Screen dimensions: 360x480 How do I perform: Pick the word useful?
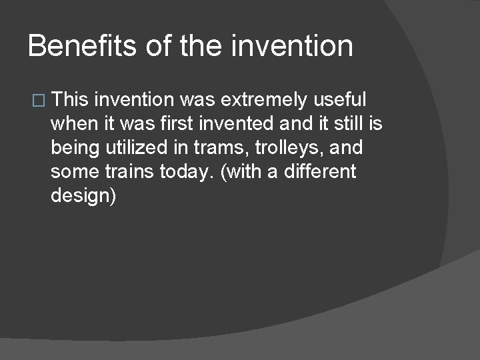pyautogui.click(x=340, y=100)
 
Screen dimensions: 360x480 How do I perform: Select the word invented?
pyautogui.click(x=243, y=124)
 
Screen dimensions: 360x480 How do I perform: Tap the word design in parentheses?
pyautogui.click(x=81, y=196)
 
